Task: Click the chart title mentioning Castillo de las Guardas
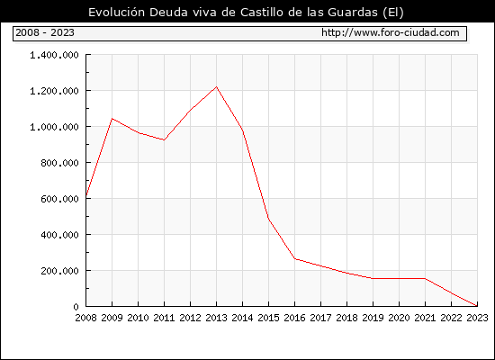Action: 246,13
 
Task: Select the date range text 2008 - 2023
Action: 45,32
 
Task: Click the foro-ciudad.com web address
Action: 391,32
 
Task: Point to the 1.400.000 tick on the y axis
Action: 54,55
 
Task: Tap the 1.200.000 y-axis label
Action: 54,91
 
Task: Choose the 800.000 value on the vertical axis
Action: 59,163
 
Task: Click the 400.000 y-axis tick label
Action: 59,235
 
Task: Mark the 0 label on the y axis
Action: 76,307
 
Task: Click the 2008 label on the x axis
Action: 85,318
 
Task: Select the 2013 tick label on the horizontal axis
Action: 216,318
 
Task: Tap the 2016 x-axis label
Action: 294,318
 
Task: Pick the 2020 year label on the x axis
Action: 399,318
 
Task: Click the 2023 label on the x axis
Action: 477,318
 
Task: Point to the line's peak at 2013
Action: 216,86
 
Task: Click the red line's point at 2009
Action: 112,119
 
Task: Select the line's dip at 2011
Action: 164,139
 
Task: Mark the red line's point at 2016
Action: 294,258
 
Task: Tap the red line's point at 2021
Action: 425,278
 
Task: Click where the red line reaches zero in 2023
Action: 477,306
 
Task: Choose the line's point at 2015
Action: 269,219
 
